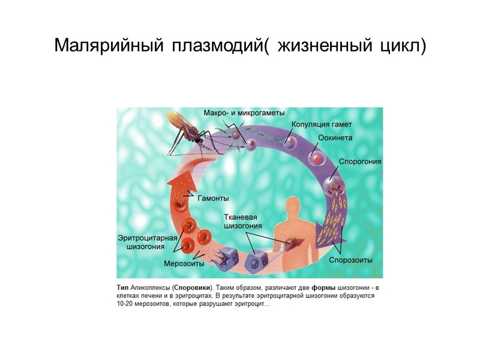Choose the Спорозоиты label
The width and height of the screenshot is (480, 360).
coord(351,260)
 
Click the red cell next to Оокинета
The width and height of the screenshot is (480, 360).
coord(316,157)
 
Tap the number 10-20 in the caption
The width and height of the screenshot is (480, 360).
coord(125,304)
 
